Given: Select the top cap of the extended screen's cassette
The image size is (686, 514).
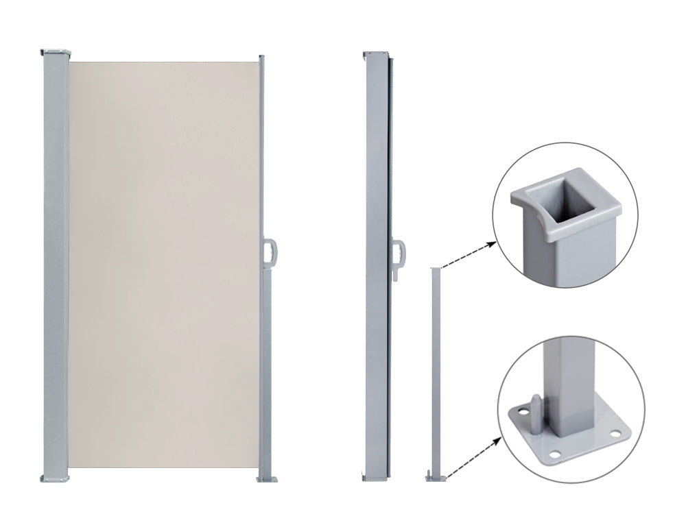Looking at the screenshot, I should pos(56,52).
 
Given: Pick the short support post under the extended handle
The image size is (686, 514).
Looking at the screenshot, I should pos(267,370).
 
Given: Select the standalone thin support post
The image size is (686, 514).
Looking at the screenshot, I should pos(434,370).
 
